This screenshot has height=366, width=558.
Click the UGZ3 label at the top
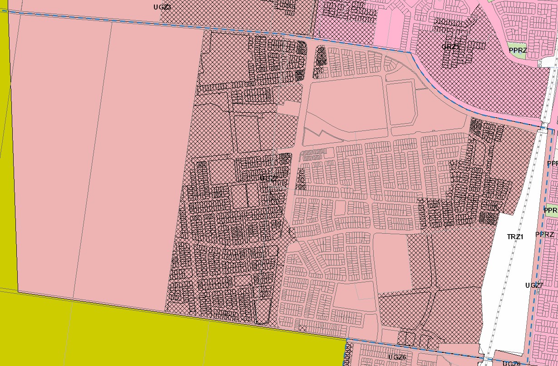[163, 7]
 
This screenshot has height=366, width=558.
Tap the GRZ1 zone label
[450, 47]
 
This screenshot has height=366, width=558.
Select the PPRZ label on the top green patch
[518, 50]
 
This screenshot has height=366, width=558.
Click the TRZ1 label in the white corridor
[515, 237]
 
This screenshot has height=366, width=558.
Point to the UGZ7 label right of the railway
[534, 286]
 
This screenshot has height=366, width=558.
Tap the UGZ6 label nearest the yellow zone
[397, 357]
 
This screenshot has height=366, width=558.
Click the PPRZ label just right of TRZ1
[544, 235]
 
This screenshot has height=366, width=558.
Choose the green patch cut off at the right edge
[551, 211]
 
